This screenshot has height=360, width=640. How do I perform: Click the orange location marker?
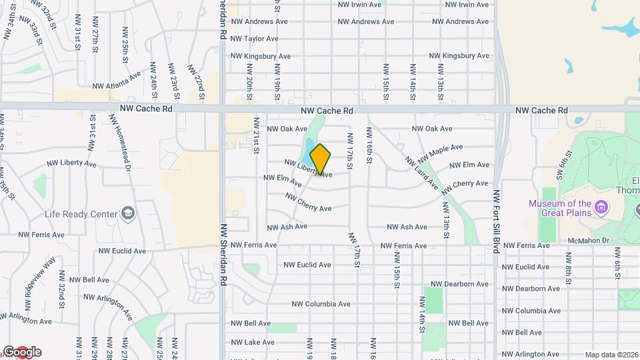(x=321, y=159)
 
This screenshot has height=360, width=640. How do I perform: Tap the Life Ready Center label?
(x=82, y=214)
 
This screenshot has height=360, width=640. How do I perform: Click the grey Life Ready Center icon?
(x=128, y=214)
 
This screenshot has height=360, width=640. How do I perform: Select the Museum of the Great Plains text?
(x=560, y=208)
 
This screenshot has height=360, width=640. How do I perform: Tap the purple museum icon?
(x=601, y=208)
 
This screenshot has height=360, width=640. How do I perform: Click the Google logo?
(x=22, y=352)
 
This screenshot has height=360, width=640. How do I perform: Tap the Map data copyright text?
(x=611, y=355)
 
